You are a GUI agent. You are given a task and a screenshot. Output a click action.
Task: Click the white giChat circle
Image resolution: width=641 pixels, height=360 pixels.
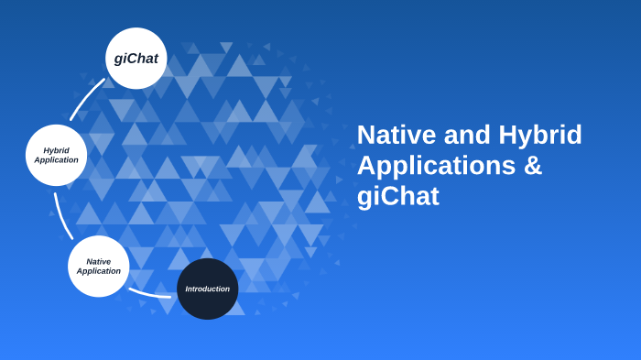136,58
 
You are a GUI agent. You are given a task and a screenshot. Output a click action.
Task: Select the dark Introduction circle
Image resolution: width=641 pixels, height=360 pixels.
208,289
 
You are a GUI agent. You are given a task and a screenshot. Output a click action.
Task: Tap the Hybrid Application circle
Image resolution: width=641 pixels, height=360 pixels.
56,155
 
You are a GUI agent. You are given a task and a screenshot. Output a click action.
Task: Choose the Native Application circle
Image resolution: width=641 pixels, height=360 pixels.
98,266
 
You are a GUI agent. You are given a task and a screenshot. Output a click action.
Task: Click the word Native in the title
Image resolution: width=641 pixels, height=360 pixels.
397,136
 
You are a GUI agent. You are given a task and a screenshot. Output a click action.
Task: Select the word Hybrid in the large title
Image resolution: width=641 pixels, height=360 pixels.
540,136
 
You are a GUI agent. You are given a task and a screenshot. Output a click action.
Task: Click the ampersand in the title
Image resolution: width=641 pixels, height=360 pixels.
533,166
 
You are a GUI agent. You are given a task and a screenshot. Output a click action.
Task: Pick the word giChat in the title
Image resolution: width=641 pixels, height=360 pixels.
397,196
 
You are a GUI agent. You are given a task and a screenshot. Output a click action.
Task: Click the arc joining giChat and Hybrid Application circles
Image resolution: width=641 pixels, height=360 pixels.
85,97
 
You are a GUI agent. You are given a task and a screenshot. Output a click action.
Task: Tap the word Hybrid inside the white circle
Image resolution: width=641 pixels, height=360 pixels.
56,150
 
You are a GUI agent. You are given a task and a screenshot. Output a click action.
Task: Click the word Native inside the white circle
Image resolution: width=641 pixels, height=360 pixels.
99,261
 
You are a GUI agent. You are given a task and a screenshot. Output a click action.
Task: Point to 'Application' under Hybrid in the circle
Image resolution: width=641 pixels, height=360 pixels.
56,160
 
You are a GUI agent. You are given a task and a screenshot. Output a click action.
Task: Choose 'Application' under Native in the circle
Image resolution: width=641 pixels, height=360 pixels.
99,271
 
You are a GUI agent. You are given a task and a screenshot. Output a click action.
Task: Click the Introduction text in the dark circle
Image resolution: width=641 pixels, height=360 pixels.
208,289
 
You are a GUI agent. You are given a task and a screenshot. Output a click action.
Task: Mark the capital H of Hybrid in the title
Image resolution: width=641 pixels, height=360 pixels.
508,136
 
